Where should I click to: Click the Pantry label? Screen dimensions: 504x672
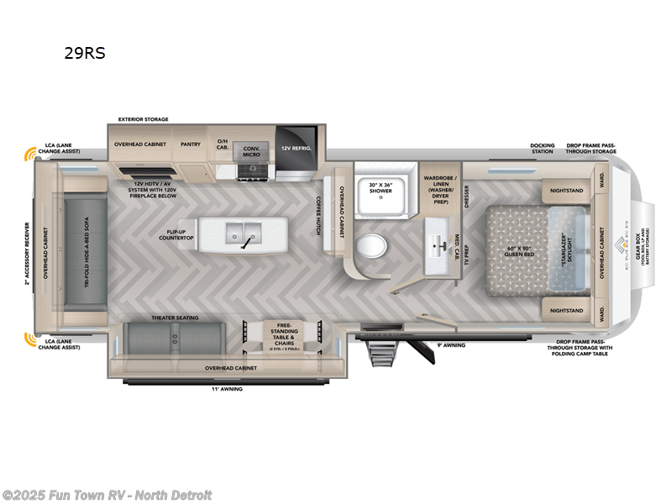tap(191, 144)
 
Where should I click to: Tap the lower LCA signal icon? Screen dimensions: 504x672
tap(33, 339)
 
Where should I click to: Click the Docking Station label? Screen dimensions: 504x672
tap(542, 148)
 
